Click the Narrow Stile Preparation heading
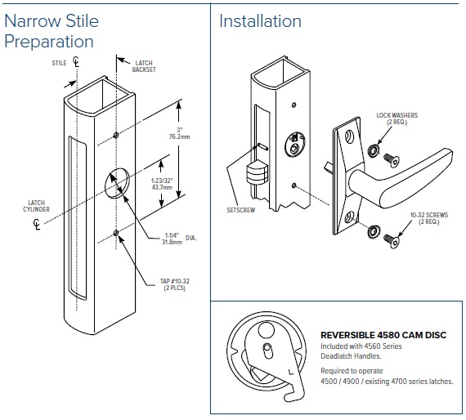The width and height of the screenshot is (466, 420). click(x=52, y=31)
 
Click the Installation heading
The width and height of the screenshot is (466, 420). click(x=260, y=21)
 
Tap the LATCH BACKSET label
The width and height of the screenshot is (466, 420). click(x=144, y=66)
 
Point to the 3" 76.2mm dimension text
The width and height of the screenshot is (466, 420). click(x=180, y=133)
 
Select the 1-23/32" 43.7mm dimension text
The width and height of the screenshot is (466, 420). click(x=162, y=184)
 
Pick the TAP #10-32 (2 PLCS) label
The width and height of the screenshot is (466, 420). click(x=175, y=284)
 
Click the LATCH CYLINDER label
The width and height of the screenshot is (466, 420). click(x=36, y=206)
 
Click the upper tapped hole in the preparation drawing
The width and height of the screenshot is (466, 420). click(x=116, y=136)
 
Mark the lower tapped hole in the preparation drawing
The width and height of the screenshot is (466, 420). click(x=116, y=233)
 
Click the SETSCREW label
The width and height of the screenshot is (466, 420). click(x=241, y=210)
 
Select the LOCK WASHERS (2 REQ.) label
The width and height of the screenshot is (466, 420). click(x=397, y=118)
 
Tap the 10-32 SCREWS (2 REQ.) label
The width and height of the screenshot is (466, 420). click(x=429, y=218)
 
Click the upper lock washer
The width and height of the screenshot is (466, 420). click(x=374, y=151)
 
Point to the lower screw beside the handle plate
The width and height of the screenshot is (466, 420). click(x=391, y=240)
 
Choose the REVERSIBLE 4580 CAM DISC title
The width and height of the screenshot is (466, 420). click(x=383, y=335)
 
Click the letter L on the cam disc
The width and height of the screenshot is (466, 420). click(x=291, y=372)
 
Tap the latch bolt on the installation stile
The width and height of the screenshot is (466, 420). click(x=257, y=173)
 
